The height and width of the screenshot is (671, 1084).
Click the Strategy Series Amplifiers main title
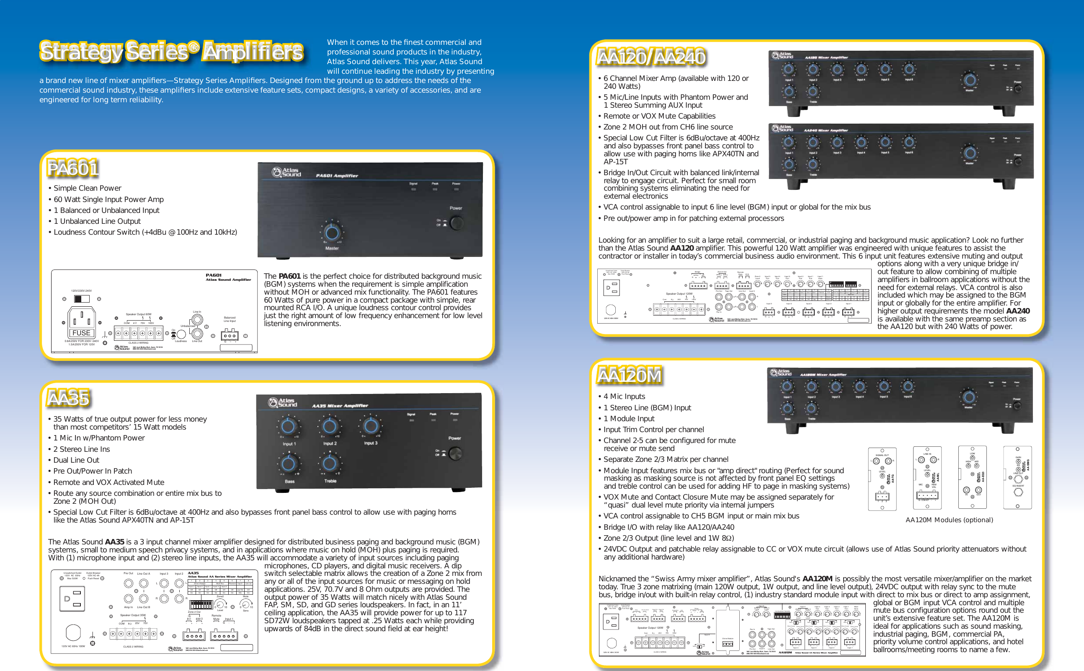pos(172,52)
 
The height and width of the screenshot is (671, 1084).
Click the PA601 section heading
pos(73,168)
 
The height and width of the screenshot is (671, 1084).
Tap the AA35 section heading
pos(69,398)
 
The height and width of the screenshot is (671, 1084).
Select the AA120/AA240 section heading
pos(650,57)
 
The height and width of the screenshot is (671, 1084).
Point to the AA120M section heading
pos(629,376)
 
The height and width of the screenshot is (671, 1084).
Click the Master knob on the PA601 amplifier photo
pos(331,232)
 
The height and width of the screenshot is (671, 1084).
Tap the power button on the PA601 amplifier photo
pos(457,222)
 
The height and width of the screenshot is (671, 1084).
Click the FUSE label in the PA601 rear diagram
pos(82,333)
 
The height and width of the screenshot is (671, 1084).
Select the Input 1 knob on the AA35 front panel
pos(288,427)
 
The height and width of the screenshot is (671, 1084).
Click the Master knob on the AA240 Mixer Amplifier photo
pos(970,153)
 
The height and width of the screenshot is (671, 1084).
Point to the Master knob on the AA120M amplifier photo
pos(969,397)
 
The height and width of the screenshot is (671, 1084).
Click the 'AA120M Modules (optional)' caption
pos(949,520)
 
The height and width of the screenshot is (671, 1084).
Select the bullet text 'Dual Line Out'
pos(76,460)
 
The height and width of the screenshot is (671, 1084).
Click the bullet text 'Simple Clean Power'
pos(88,188)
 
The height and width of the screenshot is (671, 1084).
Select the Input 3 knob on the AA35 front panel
pos(371,426)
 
